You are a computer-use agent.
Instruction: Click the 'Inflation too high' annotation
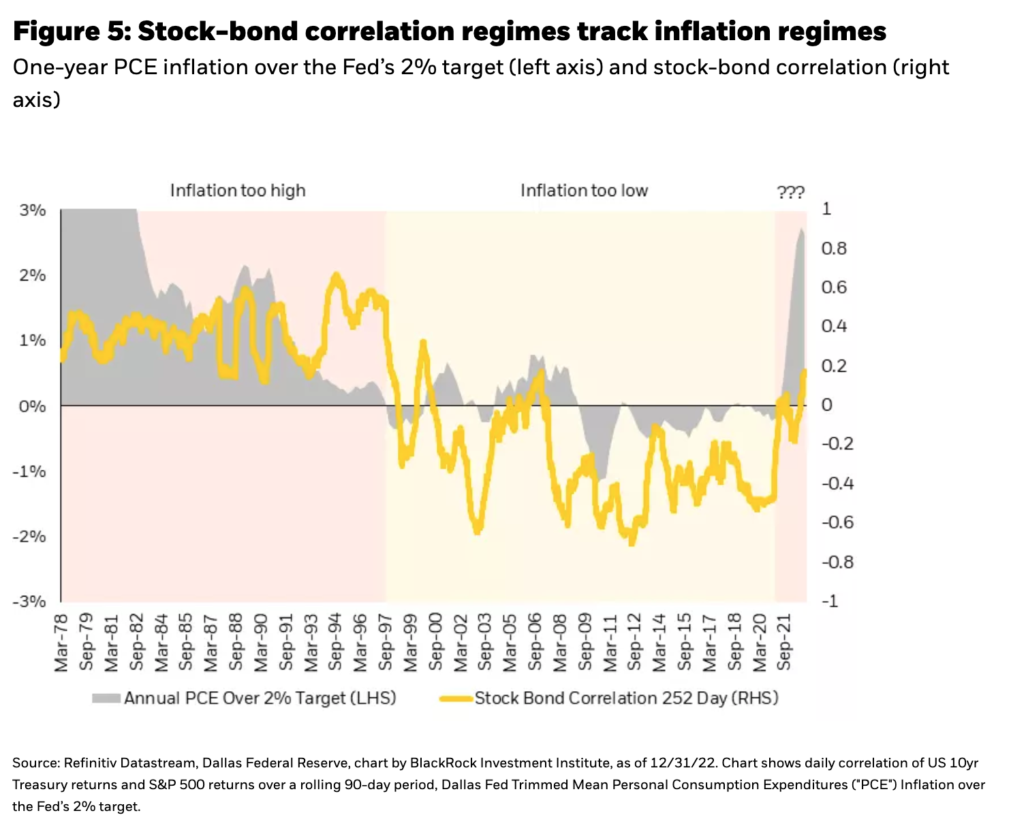pos(238,190)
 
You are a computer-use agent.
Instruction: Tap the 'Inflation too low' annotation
pos(584,190)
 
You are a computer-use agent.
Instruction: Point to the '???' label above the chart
pos(790,193)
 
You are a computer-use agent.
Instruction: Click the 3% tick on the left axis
pos(33,210)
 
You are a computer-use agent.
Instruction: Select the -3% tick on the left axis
pos(30,601)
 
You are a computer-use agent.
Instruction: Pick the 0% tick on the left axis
pos(33,406)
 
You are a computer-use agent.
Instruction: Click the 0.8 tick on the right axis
pos(833,248)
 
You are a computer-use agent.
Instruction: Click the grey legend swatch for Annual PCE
pos(106,698)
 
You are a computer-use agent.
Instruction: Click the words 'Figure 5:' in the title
pos(72,31)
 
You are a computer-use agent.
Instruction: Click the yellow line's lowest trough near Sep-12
pos(632,542)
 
